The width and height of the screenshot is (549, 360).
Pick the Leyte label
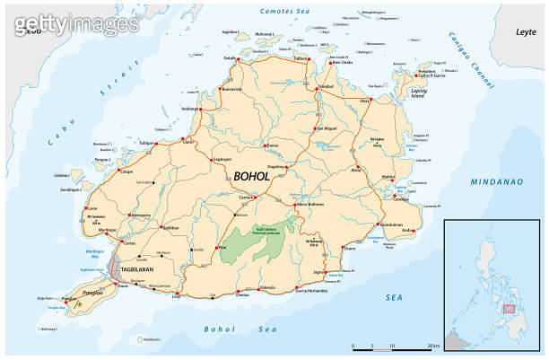click(x=525, y=32)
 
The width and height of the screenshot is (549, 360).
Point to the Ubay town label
click(x=364, y=101)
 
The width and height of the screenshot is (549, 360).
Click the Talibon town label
click(x=301, y=58)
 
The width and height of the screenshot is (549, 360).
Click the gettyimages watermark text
click(x=45, y=20)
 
